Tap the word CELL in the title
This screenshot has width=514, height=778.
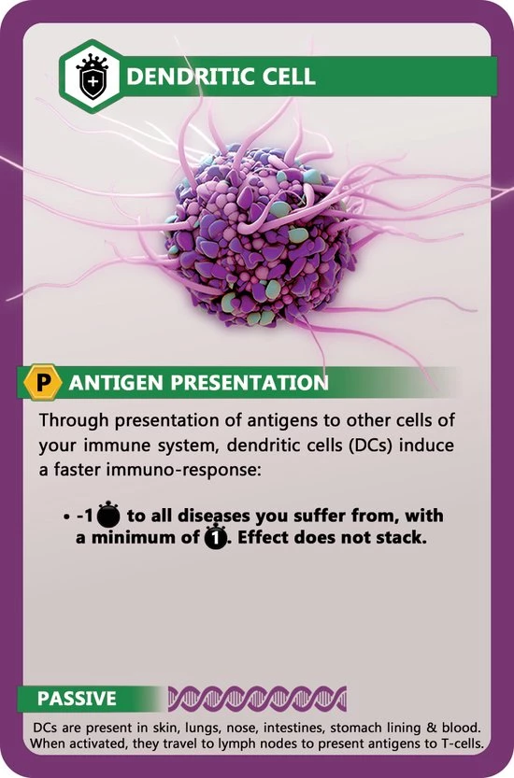point(285,76)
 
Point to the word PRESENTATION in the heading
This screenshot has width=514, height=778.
point(246,382)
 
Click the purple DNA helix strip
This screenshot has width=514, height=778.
point(256,698)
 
